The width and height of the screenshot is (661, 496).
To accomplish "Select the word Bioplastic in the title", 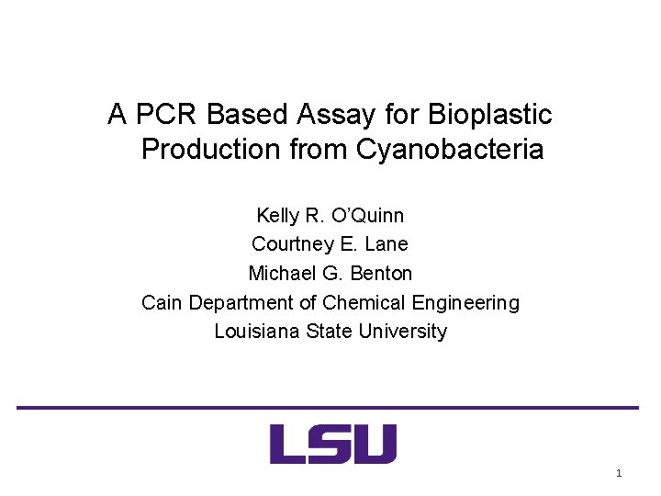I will click(490, 115).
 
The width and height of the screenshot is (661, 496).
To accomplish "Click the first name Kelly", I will click(278, 216).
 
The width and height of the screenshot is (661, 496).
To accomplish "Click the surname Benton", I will click(381, 274).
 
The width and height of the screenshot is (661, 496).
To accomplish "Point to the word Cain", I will click(162, 302).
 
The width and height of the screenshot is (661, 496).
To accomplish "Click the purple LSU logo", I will click(333, 444).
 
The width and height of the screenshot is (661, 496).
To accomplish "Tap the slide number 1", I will click(618, 473).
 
